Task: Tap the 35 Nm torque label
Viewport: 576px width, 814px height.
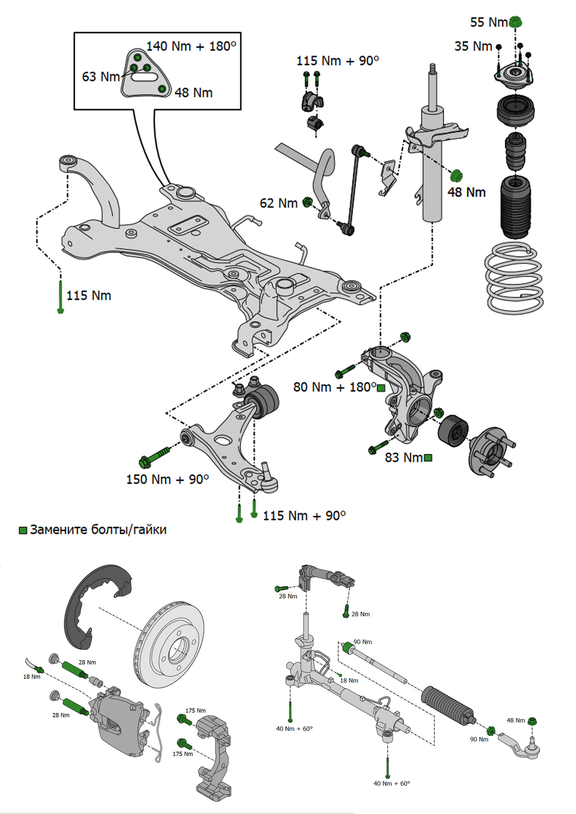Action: coord(473,47)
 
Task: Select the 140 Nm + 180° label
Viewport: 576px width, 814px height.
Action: coord(191,46)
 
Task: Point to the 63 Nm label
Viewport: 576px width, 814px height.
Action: coord(101,77)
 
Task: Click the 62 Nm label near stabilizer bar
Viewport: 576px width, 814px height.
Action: coord(278,203)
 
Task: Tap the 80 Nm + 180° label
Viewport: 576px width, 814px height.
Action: coord(334,387)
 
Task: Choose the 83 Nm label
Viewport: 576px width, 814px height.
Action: coord(404,458)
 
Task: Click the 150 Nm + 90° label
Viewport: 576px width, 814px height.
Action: coord(168,479)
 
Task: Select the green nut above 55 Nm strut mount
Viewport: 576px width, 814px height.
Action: coord(515,22)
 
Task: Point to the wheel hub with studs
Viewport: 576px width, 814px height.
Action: coord(491,451)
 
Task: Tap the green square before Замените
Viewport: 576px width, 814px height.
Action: coord(23,530)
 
